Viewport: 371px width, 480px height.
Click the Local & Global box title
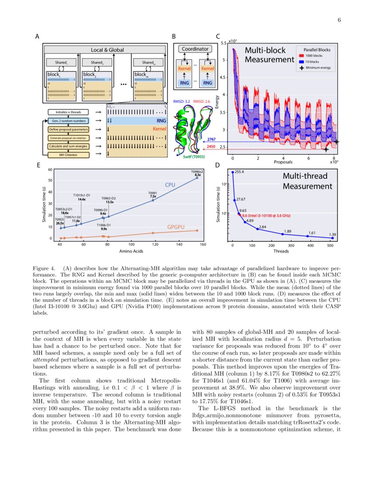coord(104,50)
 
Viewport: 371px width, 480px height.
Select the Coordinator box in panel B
coord(195,49)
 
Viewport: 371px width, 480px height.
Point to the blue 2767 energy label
coord(211,139)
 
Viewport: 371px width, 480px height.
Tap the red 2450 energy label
coord(211,147)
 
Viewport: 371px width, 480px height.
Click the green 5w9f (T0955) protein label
coord(195,160)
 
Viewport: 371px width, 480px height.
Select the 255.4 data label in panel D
coord(239,172)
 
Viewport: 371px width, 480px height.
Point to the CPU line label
coord(170,185)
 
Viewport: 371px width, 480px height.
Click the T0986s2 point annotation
coord(197,173)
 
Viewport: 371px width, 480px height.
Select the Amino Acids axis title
coord(131,251)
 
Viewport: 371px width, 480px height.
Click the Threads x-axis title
coord(282,251)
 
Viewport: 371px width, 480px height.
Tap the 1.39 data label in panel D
coord(333,235)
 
